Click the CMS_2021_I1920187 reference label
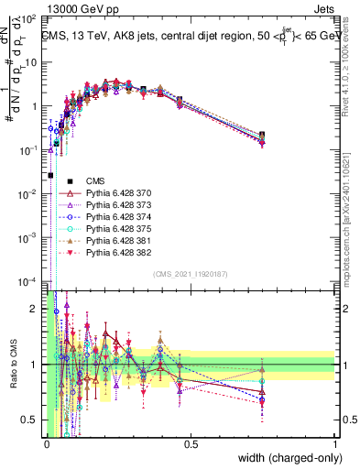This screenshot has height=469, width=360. [x=190, y=274]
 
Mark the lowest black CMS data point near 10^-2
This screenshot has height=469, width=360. [x=50, y=175]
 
